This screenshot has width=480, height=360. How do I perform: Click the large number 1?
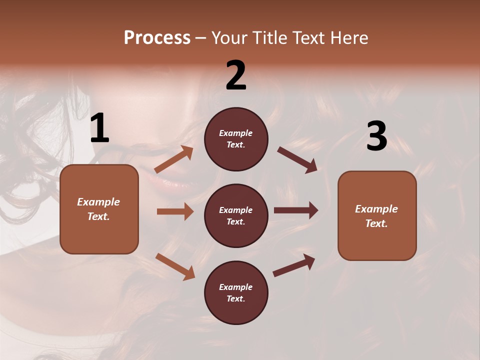[99, 128]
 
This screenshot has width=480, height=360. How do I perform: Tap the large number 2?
[236, 75]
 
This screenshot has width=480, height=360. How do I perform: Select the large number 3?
[376, 136]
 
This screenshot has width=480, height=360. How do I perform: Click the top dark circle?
[236, 139]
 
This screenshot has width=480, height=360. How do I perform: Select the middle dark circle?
[236, 215]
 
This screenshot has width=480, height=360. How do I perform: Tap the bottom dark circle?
[236, 292]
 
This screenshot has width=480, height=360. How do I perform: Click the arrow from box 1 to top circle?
[174, 159]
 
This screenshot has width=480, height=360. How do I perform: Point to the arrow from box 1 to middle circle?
[175, 211]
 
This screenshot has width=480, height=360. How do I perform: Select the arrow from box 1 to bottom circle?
[175, 266]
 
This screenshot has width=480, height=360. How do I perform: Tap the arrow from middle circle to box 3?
[296, 210]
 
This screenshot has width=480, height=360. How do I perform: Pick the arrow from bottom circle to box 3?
[294, 264]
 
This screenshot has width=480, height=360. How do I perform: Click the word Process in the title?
[157, 37]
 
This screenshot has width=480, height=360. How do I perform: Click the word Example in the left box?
[98, 202]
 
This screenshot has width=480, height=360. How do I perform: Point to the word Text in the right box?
[376, 223]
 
